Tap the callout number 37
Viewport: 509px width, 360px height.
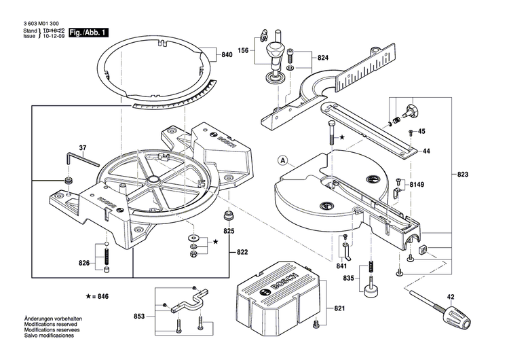pos(83,147)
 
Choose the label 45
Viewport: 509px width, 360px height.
pos(421,131)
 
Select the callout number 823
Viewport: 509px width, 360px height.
pos(463,175)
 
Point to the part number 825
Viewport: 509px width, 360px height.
pos(229,232)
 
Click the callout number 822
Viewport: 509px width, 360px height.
pos(242,252)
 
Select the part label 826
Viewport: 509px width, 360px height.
pos(83,263)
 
